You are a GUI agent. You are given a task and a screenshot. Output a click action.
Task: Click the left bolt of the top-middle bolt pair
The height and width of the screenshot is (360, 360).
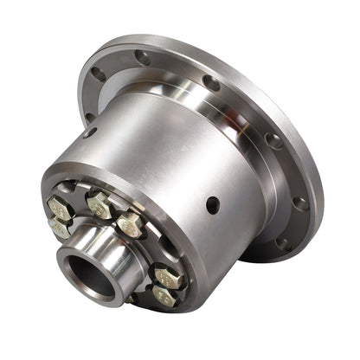pyautogui.click(x=100, y=206)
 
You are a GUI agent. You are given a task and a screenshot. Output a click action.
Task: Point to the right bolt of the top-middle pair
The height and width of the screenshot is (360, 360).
pyautogui.click(x=130, y=224)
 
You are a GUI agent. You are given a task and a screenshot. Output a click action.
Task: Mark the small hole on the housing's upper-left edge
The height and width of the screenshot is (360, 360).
pyautogui.click(x=90, y=132)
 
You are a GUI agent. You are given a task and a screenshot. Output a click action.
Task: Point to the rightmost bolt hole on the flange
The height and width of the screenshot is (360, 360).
pyautogui.click(x=300, y=204)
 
